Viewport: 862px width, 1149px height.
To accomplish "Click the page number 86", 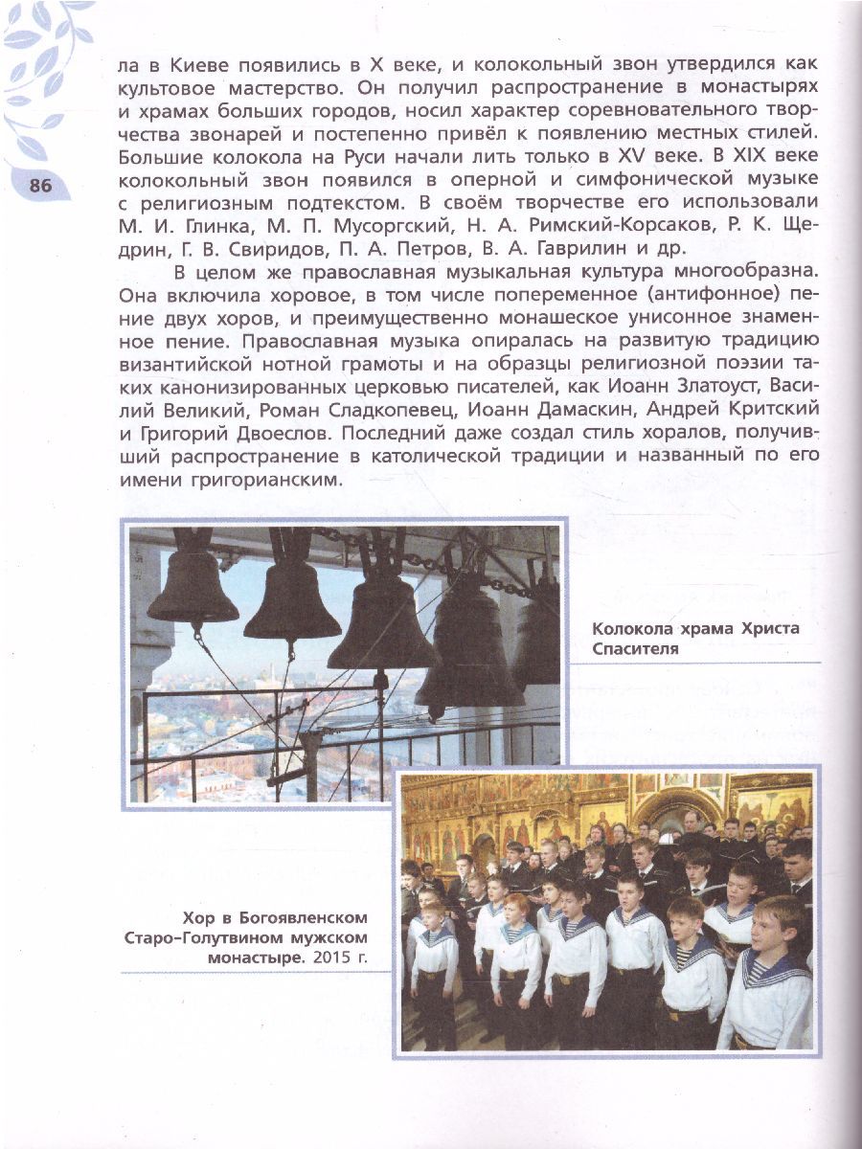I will pyautogui.click(x=40, y=186).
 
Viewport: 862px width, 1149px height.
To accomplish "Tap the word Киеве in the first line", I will pyautogui.click(x=196, y=66).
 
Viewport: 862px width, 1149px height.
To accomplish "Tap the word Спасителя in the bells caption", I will pyautogui.click(x=635, y=649).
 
